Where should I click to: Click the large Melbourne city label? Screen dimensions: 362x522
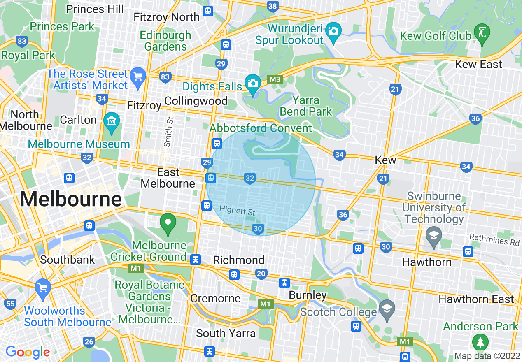point(70,200)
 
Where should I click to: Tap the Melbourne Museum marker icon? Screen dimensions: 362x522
point(112,121)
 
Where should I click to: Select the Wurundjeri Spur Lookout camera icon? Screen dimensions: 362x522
point(333,30)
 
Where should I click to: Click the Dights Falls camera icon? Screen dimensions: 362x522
point(252,83)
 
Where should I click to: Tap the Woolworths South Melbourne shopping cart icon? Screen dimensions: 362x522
point(43,288)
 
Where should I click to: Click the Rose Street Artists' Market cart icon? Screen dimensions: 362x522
point(138,76)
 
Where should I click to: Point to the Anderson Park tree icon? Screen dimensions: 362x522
point(480,341)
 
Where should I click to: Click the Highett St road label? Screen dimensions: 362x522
point(237,211)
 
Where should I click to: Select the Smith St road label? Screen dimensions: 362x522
point(168,132)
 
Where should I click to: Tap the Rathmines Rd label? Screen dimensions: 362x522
point(494,240)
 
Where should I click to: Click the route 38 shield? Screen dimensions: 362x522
point(273,6)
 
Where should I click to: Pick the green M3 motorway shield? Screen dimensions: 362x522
point(275,79)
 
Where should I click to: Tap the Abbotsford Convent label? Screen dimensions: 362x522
point(261,128)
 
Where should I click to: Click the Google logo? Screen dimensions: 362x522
point(28,352)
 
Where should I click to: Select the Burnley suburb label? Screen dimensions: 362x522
point(308,295)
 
